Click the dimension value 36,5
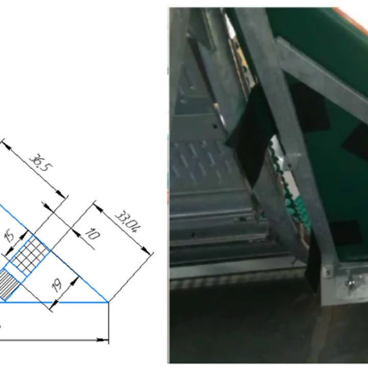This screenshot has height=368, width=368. click(x=41, y=163)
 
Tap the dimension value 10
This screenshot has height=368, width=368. click(x=92, y=234)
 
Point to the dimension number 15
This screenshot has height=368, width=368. click(x=10, y=237)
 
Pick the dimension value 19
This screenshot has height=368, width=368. click(x=57, y=285)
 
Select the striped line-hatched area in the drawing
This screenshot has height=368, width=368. click(x=9, y=285)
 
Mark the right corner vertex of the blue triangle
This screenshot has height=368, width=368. click(x=108, y=302)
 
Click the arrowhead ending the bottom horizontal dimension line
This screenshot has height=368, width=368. click(x=103, y=339)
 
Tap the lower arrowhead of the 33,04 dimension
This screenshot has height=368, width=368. click(x=146, y=250)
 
